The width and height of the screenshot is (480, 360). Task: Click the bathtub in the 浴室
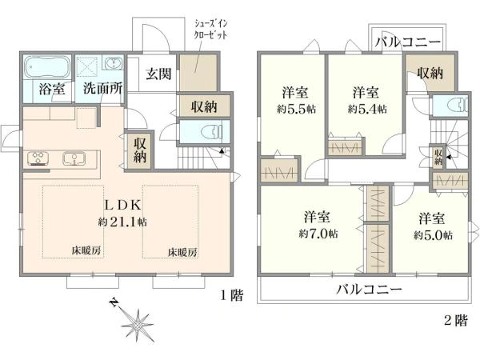pyautogui.click(x=47, y=66)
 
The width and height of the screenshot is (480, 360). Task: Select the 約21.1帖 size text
pyautogui.click(x=122, y=220)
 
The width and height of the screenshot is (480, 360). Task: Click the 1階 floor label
pyautogui.click(x=231, y=295)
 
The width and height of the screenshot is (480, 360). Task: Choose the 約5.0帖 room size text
pyautogui.click(x=434, y=235)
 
